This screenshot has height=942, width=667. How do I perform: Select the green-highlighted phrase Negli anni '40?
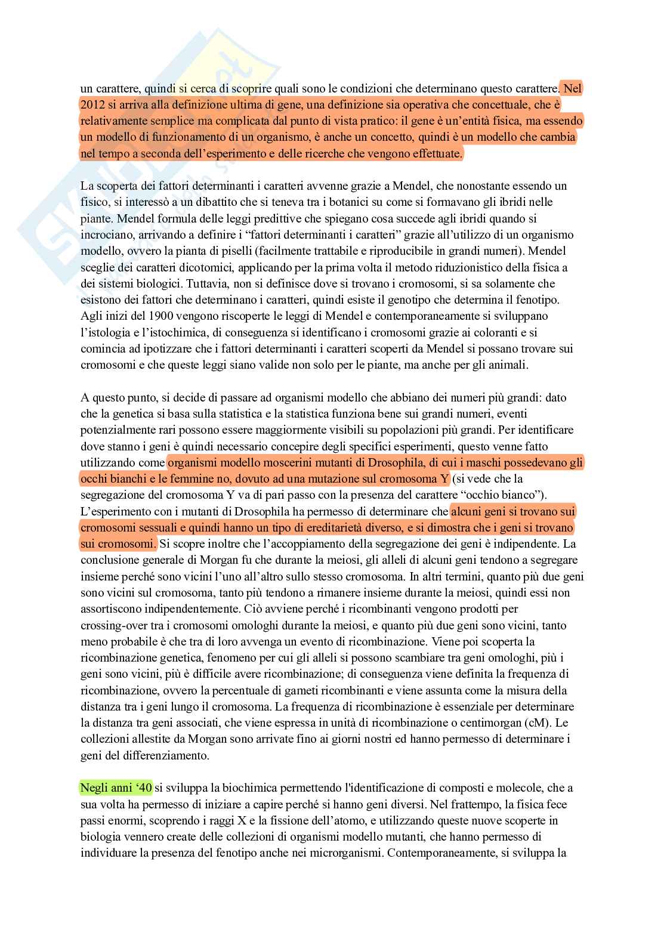116,789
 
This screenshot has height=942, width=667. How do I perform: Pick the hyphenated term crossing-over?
114,626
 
